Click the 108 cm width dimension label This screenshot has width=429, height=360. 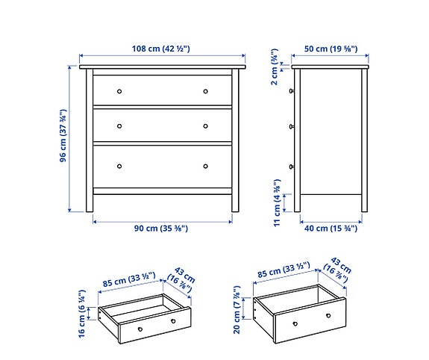pos(161,49)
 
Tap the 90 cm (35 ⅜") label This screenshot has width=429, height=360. pos(161,227)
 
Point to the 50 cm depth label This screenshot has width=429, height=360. pos(331,49)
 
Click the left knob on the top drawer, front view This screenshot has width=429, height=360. pos(119,91)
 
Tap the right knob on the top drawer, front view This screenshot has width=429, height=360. pos(206,91)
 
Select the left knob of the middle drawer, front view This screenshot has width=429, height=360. pos(119,126)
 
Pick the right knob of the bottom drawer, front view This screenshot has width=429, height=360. pos(206,166)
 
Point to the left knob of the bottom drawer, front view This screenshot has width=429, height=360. pos(119,166)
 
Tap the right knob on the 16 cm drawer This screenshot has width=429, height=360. pos(172,322)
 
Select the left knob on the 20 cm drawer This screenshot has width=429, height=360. pos(295,323)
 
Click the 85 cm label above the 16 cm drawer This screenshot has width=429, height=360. pos(128,281)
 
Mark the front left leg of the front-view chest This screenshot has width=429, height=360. pos(88,202)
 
